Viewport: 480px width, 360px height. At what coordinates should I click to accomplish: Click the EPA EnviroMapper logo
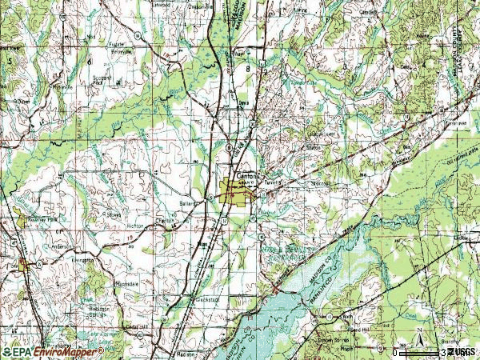[x=53, y=351]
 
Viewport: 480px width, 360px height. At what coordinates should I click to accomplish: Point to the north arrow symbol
[x=422, y=344]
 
